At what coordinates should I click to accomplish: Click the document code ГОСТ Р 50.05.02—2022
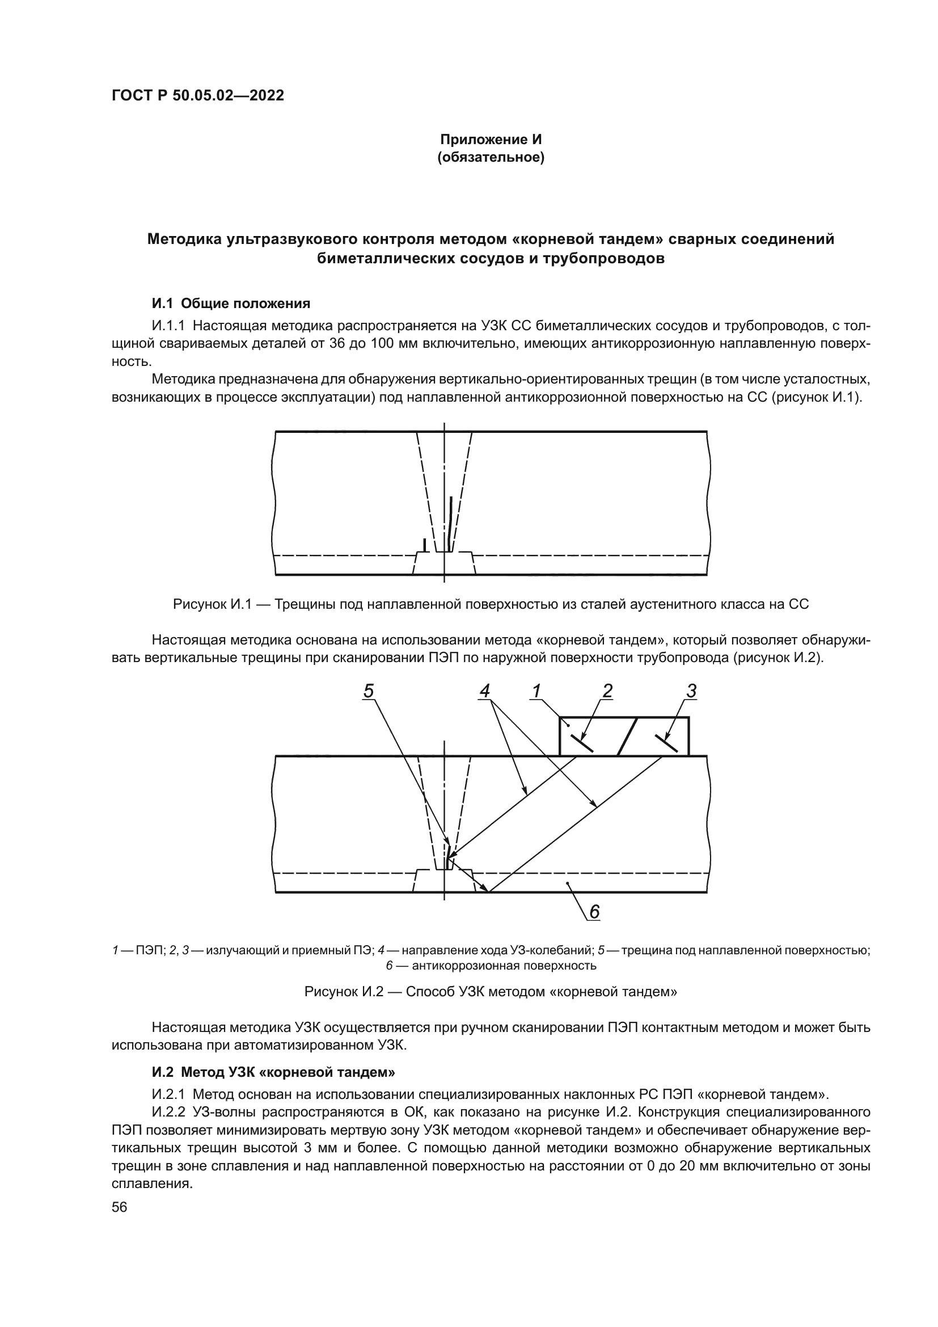coord(197,96)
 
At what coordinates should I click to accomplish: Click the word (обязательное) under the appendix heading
coord(491,157)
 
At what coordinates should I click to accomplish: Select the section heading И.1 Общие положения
coord(231,304)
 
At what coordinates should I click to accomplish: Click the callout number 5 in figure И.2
coord(369,691)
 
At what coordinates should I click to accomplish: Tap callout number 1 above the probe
coord(536,691)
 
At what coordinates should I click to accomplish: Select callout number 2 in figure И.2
coord(607,691)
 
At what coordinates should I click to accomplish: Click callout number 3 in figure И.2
coord(691,691)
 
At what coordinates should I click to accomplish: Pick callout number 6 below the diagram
coord(594,912)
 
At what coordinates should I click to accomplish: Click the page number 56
coord(120,1207)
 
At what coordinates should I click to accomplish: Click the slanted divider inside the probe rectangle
coord(627,736)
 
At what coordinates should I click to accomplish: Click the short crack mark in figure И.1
coord(425,545)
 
